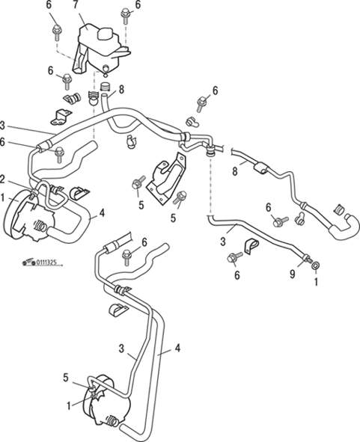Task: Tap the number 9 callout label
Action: coord(293,274)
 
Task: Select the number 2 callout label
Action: coord(3,179)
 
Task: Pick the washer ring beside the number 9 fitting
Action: coord(316,265)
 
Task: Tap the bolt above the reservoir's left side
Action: coord(58,32)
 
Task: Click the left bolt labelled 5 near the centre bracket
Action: coord(138,183)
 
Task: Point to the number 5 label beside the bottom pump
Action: coord(66,378)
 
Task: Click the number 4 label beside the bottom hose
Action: coord(177,349)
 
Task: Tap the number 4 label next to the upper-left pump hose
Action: coord(102,213)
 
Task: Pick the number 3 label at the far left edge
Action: coord(2,126)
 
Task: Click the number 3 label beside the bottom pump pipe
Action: coord(121,349)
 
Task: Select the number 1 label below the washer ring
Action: coord(316,281)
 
